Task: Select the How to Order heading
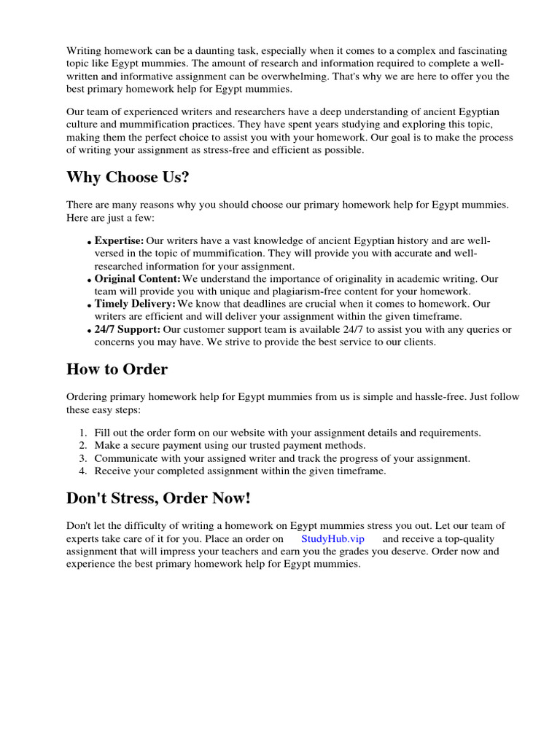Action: [x=117, y=369]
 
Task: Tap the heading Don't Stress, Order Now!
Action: [x=158, y=498]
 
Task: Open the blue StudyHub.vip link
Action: [x=332, y=538]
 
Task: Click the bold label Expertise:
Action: [x=119, y=240]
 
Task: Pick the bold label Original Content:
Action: [x=137, y=278]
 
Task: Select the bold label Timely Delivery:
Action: [x=135, y=304]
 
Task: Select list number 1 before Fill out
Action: [x=82, y=433]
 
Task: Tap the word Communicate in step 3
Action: [x=127, y=458]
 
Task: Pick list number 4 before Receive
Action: [x=82, y=471]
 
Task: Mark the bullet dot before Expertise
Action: [x=89, y=243]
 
